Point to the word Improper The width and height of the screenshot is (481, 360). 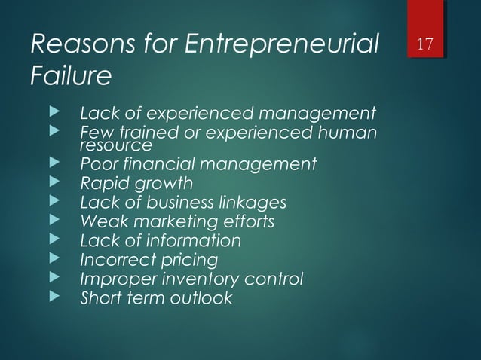[x=113, y=279]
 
